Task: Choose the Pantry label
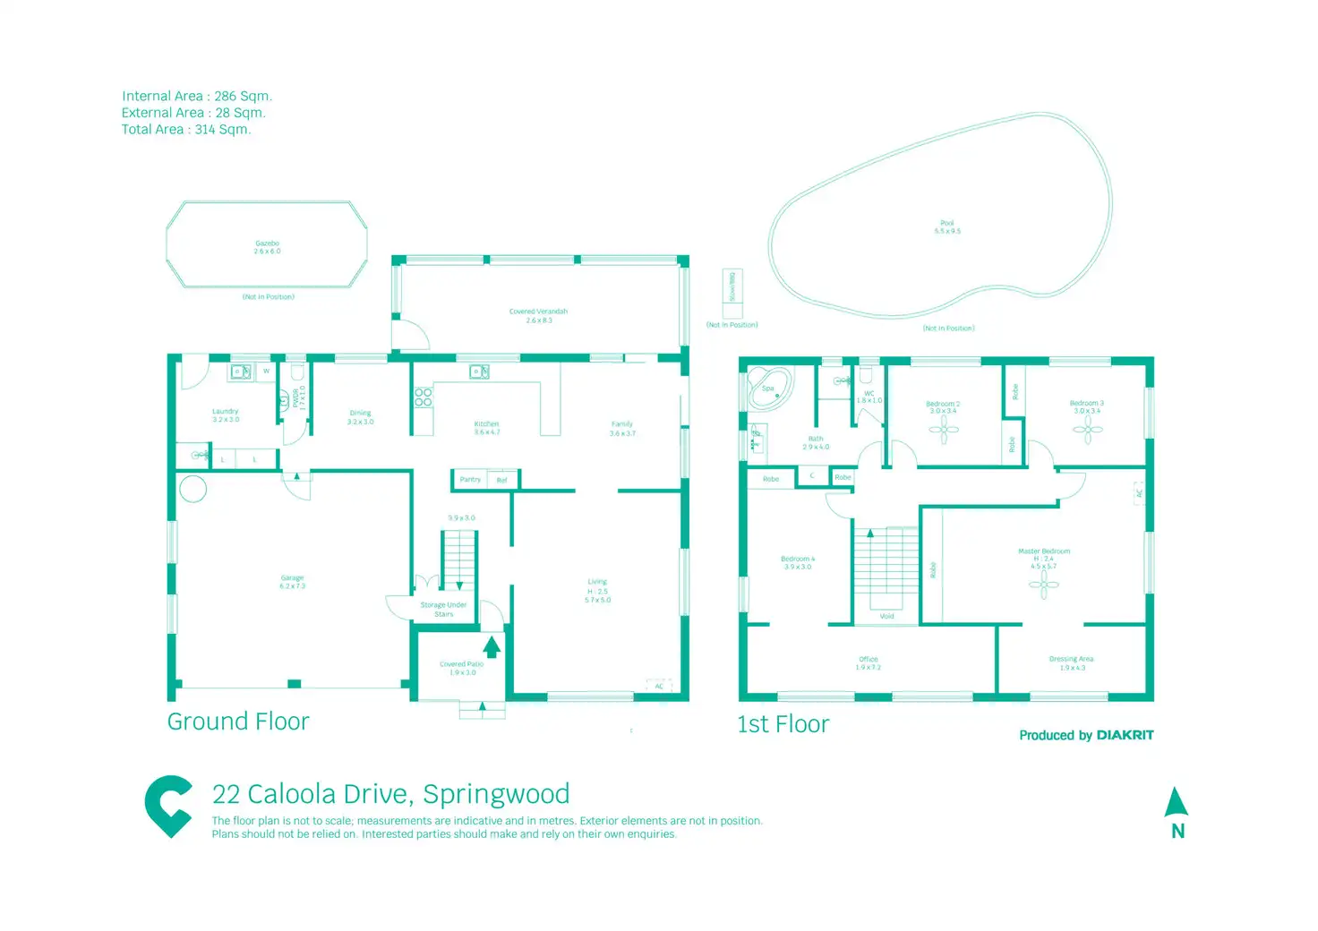[470, 480]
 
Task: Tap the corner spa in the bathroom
[770, 389]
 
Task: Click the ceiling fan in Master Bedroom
[1043, 585]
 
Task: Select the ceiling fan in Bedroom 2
[943, 430]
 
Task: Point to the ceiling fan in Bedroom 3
[1087, 430]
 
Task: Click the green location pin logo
[168, 806]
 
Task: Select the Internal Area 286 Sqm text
[197, 96]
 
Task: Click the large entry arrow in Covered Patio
[492, 646]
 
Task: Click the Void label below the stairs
[886, 616]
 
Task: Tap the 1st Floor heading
[783, 724]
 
